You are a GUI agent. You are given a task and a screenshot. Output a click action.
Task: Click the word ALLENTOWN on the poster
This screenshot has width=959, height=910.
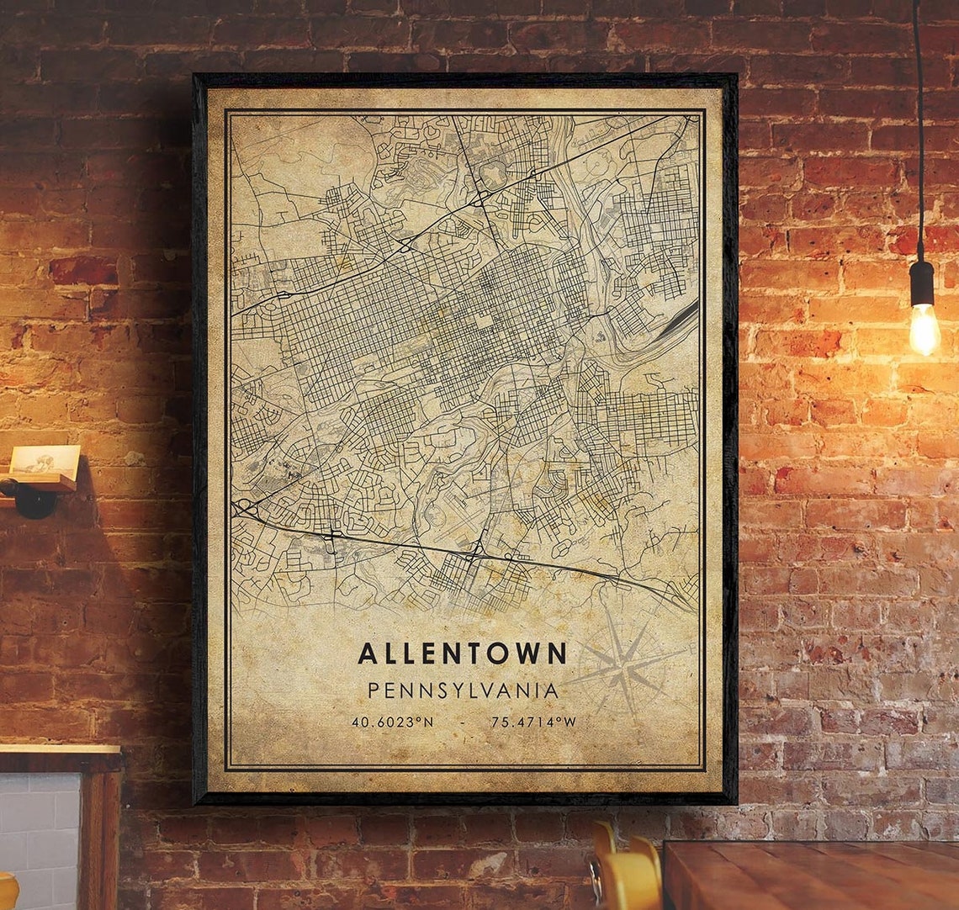click(462, 653)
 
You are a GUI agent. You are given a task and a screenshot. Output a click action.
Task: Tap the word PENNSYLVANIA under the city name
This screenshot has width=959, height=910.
click(463, 691)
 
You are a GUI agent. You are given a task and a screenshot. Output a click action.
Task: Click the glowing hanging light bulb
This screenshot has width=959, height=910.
click(924, 330)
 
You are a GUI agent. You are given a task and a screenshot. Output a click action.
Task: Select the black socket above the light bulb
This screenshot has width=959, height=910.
click(922, 283)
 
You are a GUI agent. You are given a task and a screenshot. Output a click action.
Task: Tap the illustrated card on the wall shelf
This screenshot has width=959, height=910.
click(45, 463)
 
